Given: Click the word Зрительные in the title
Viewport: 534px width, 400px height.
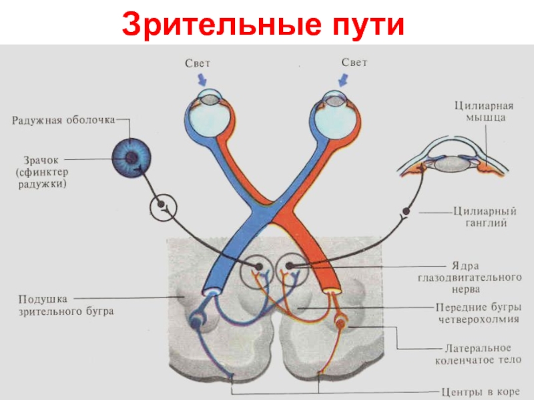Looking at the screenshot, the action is click(222, 25).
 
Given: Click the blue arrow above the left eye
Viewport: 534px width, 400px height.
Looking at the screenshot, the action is click(202, 80).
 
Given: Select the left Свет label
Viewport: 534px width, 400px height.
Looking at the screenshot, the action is click(198, 63).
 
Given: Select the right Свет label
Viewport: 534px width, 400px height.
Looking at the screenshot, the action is click(354, 63).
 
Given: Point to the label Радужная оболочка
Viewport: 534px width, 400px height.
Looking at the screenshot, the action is click(63, 121).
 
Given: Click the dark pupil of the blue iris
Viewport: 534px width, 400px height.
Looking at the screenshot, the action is click(131, 157).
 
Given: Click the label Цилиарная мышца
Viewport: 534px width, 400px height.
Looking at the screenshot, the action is click(484, 111).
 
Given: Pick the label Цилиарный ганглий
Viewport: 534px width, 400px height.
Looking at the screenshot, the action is click(485, 217).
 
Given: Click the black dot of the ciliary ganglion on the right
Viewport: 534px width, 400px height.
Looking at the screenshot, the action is click(406, 211).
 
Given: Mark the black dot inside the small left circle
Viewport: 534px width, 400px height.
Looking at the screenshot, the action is click(161, 204).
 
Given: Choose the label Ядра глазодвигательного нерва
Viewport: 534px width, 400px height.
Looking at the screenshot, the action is click(470, 277).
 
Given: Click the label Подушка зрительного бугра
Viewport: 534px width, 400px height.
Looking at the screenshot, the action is click(65, 305).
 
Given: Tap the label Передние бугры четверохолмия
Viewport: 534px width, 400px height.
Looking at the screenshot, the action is click(479, 313).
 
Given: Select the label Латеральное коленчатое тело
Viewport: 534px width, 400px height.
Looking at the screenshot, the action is click(478, 354).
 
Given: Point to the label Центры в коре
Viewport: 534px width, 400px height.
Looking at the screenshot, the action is click(481, 392).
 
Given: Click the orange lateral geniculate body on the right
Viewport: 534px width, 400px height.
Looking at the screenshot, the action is click(340, 324).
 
